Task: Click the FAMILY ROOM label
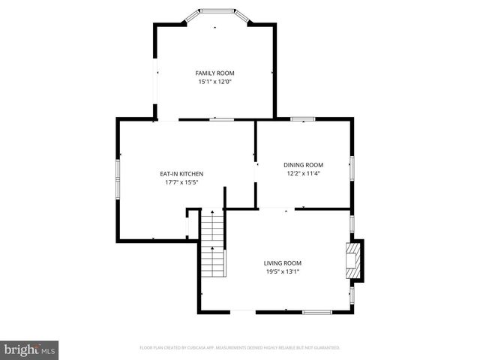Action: (214, 73)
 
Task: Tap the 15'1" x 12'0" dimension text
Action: (214, 82)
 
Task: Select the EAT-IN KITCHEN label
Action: (181, 174)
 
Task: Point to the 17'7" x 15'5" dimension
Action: (181, 183)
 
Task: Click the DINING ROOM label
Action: (303, 165)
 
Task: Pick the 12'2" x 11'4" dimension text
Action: (303, 174)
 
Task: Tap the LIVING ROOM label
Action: (282, 262)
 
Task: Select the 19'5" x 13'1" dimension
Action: (282, 271)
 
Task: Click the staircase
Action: (213, 244)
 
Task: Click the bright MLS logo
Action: (30, 349)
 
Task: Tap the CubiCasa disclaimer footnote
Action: (240, 348)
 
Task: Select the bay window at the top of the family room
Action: (215, 11)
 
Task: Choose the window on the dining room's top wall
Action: (302, 118)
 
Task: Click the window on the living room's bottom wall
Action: (317, 311)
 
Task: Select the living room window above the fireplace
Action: (352, 223)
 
